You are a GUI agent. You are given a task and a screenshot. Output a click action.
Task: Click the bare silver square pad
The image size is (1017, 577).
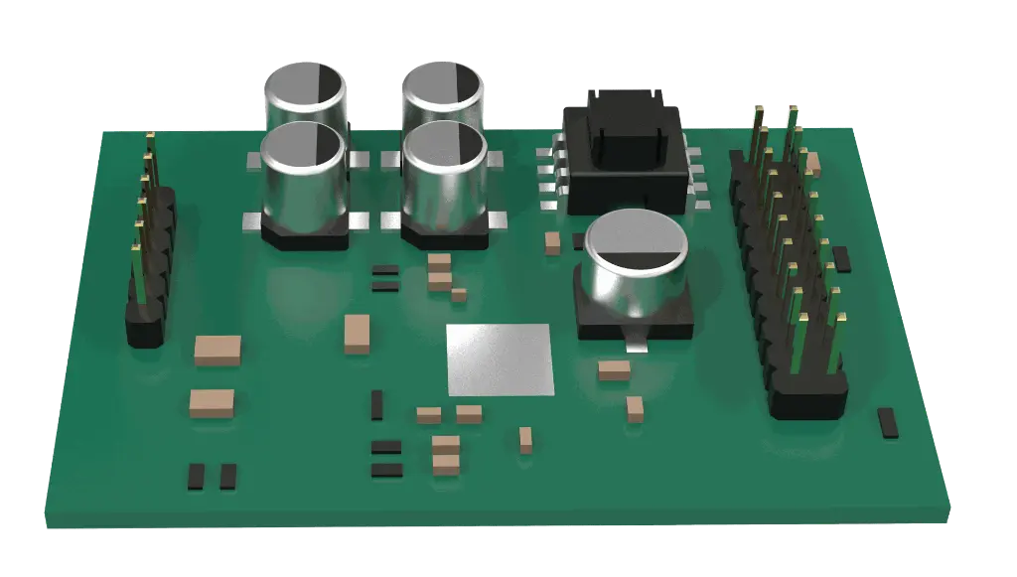pyautogui.click(x=500, y=360)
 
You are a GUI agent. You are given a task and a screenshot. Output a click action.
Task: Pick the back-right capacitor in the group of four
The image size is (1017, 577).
pyautogui.click(x=442, y=94)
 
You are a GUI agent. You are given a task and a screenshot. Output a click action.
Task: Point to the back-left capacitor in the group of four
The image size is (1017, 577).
pyautogui.click(x=305, y=94)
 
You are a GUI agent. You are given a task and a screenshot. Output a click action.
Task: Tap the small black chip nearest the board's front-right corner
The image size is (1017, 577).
pyautogui.click(x=887, y=422)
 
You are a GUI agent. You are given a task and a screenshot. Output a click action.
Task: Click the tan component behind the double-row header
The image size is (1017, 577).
pyautogui.click(x=813, y=162)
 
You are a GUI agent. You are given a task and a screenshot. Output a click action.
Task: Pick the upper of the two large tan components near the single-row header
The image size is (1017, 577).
pyautogui.click(x=218, y=350)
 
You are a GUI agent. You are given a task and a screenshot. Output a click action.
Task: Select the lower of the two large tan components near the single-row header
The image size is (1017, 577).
pyautogui.click(x=212, y=402)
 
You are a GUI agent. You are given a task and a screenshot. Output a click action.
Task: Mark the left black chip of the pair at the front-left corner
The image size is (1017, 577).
pyautogui.click(x=196, y=477)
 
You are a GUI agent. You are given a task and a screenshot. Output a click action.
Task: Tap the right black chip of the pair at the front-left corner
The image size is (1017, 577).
pyautogui.click(x=228, y=477)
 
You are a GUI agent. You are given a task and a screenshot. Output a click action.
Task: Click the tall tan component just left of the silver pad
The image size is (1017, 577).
pyautogui.click(x=356, y=334)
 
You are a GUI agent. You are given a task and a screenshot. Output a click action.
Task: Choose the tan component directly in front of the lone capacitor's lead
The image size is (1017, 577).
pyautogui.click(x=615, y=370)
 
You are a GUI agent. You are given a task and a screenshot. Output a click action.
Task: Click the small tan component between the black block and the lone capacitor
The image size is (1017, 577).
pyautogui.click(x=552, y=243)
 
